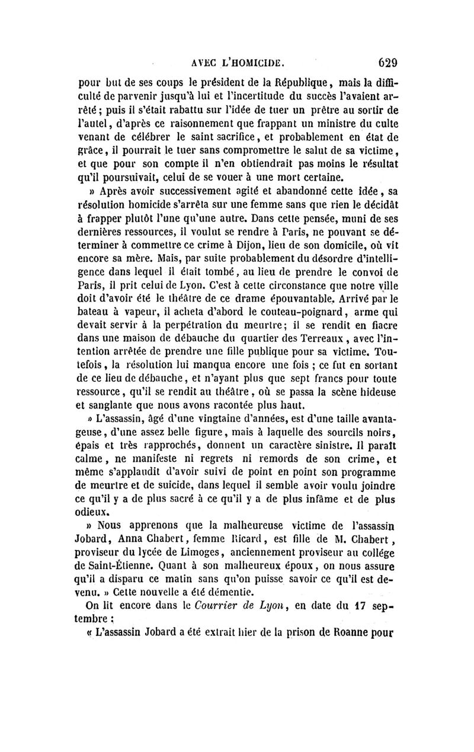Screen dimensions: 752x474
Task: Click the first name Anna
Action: click(133, 537)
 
